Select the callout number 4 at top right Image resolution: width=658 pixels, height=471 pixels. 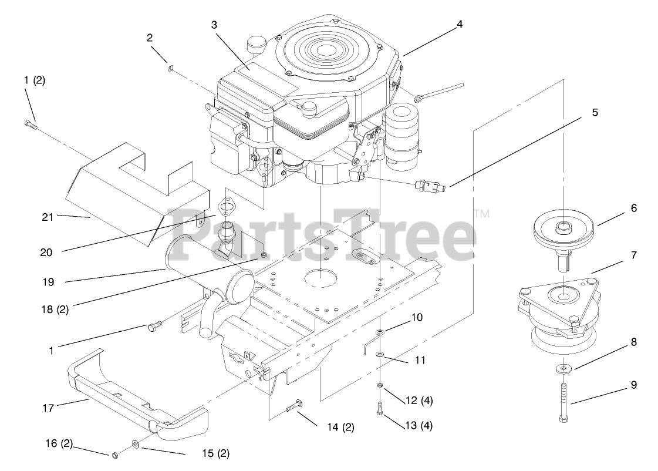click(460, 24)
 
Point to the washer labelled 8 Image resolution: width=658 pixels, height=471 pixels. click(564, 368)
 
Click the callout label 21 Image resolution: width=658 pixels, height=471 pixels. click(48, 217)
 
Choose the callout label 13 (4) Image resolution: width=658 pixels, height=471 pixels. click(418, 425)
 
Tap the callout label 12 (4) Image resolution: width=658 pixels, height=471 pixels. click(418, 401)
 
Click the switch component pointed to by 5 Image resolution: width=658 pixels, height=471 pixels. click(432, 185)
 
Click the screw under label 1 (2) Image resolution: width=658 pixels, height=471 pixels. click(30, 123)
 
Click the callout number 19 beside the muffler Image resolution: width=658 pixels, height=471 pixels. click(48, 282)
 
